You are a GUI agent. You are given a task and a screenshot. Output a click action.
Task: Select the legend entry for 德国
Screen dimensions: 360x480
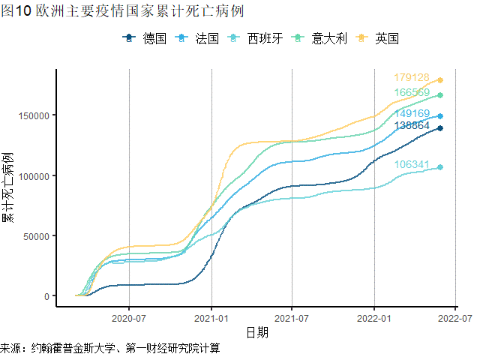click(x=145, y=38)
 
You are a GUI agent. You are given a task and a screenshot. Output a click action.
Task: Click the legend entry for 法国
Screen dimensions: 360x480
click(x=198, y=38)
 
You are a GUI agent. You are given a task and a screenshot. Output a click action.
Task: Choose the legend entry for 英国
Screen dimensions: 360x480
click(x=379, y=38)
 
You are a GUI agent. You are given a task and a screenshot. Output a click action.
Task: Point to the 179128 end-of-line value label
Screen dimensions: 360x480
click(x=412, y=78)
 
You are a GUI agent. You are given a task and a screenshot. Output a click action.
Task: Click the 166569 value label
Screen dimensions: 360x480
click(x=412, y=92)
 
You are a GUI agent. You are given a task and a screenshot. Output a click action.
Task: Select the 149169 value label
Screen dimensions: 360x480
click(x=412, y=114)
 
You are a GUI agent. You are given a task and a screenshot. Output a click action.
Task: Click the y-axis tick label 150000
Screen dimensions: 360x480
click(x=34, y=115)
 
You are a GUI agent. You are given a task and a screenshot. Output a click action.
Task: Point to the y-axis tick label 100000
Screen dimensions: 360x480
click(x=34, y=175)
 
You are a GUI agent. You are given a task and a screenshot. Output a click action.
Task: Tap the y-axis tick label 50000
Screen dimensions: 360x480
click(x=36, y=235)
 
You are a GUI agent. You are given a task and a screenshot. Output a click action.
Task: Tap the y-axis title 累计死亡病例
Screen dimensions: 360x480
click(x=8, y=187)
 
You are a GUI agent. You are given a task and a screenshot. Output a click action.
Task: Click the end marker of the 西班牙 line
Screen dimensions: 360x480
click(x=440, y=167)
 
